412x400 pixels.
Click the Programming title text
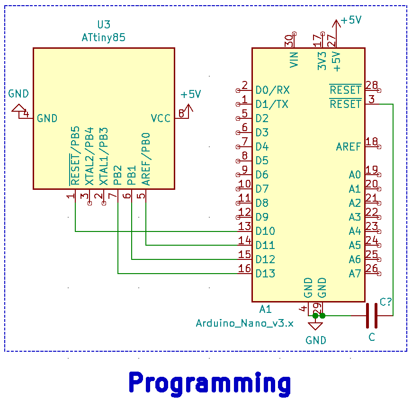[209, 382]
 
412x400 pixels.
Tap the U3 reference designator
[103, 25]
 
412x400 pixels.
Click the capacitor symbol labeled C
[372, 315]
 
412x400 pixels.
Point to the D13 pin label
[265, 274]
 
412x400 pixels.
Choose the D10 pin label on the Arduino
[265, 231]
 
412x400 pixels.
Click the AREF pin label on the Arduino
[349, 146]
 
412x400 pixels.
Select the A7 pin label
[355, 274]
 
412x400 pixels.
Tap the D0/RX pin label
[273, 90]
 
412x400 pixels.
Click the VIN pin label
[294, 60]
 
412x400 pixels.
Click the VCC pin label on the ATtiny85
[161, 118]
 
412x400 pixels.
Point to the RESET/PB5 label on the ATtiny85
[75, 156]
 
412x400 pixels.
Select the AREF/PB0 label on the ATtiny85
[146, 159]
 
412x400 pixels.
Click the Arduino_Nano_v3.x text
[244, 323]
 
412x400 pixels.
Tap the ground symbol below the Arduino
[315, 326]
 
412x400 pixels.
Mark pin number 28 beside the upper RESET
[372, 85]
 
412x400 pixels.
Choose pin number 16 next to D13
[244, 268]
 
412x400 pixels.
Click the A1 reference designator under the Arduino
[266, 309]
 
